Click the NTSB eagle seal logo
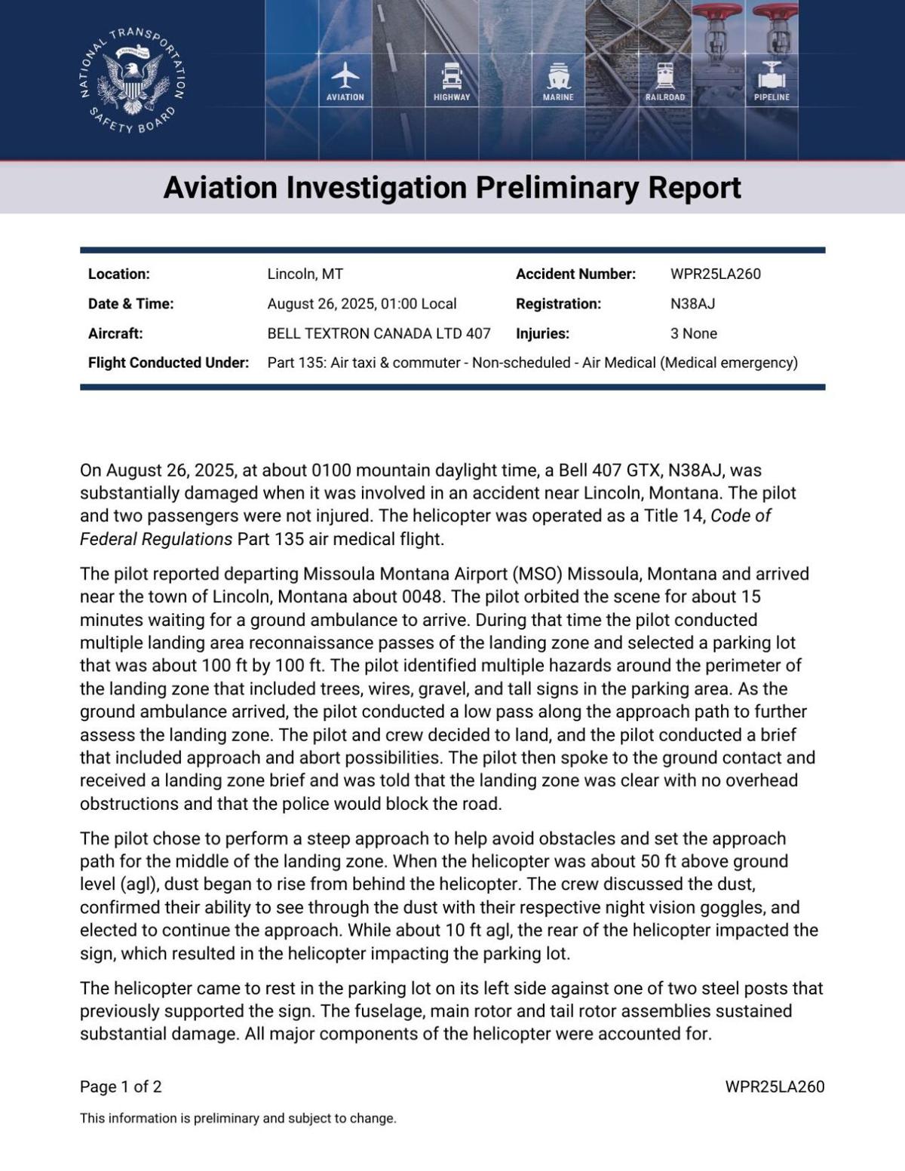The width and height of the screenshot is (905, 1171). click(x=133, y=81)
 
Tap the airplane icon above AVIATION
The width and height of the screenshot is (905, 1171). click(x=345, y=75)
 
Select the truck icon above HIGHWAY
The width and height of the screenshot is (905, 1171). click(x=451, y=76)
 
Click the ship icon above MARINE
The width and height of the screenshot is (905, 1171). click(x=558, y=76)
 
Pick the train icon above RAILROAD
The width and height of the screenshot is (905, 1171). click(x=664, y=76)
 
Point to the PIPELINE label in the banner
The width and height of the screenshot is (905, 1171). click(x=772, y=97)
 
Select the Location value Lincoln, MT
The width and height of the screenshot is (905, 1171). click(x=305, y=274)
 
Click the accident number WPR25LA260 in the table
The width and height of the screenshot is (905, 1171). click(x=715, y=274)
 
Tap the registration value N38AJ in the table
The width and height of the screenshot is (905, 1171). click(x=692, y=304)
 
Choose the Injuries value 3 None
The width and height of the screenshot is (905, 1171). click(x=693, y=333)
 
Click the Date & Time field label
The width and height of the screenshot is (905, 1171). click(x=130, y=304)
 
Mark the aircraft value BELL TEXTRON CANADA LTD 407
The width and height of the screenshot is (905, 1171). click(x=379, y=333)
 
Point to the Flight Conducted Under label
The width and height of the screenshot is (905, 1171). click(x=168, y=363)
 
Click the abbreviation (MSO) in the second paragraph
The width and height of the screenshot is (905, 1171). click(x=537, y=574)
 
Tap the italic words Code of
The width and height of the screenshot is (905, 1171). click(x=741, y=516)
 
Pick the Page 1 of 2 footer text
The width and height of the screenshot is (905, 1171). click(x=121, y=1087)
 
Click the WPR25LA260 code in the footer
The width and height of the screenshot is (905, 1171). click(x=775, y=1087)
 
